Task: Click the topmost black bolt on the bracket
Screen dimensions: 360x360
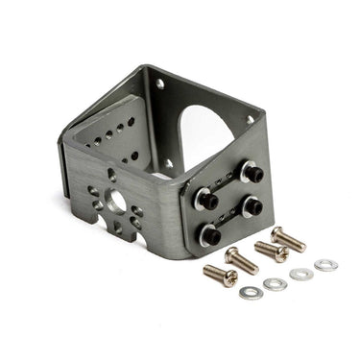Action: (x=253, y=173)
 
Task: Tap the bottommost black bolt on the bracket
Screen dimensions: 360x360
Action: (x=211, y=233)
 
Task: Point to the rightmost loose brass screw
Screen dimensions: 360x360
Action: (x=287, y=238)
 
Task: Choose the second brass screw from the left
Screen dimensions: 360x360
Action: (x=241, y=260)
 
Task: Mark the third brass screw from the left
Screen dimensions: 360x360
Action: (x=272, y=251)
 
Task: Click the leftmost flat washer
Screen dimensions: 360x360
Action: (x=250, y=291)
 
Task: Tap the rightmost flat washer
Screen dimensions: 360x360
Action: (x=326, y=264)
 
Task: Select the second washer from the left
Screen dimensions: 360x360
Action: (x=275, y=283)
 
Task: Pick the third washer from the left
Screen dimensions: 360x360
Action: (x=301, y=274)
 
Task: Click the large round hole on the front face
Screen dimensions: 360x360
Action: (x=116, y=203)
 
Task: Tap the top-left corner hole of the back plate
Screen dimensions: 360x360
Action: (x=158, y=85)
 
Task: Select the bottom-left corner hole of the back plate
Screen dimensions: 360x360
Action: (x=170, y=163)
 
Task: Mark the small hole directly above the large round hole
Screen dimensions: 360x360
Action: (x=113, y=177)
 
